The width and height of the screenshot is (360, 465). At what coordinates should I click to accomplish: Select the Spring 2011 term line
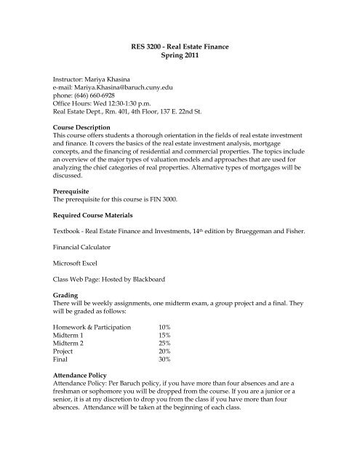click(179, 58)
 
